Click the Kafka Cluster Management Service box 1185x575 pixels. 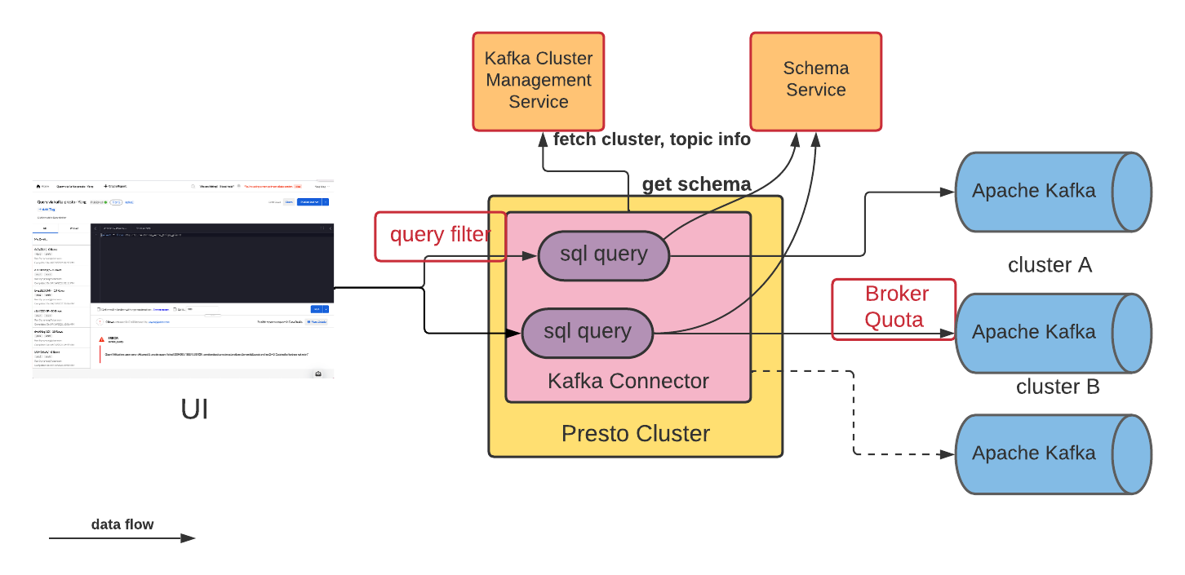[x=538, y=81]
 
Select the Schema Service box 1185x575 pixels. [x=815, y=81]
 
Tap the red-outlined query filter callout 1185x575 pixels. [x=439, y=236]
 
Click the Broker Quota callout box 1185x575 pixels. [x=894, y=307]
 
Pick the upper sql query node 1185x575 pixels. [x=603, y=254]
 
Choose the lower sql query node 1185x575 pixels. [x=587, y=332]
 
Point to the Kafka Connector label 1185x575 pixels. [x=628, y=381]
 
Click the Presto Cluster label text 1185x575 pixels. [x=635, y=433]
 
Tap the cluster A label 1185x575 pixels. [x=1050, y=265]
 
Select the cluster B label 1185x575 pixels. [x=1057, y=387]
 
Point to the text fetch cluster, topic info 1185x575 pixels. [x=651, y=139]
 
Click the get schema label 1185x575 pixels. [x=696, y=184]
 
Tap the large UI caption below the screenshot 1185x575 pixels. [x=194, y=409]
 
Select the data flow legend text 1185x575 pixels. [x=122, y=524]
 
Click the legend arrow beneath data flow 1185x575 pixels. [x=122, y=538]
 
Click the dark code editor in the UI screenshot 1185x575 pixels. [x=212, y=261]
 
